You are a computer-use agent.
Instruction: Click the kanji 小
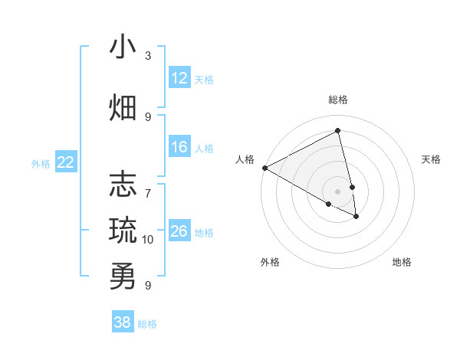(x=123, y=47)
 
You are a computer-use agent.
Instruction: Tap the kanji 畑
(x=123, y=107)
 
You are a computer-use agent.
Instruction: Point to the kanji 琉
(x=123, y=229)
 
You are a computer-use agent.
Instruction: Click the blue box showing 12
(x=179, y=78)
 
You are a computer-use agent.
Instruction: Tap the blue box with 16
(x=179, y=147)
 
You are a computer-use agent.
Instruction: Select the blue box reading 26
(x=179, y=231)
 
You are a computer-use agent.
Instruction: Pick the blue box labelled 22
(x=66, y=162)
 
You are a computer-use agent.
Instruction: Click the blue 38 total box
(x=123, y=322)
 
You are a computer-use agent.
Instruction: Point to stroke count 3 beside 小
(x=148, y=56)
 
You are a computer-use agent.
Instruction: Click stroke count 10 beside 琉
(x=148, y=240)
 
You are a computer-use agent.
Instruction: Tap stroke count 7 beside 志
(x=148, y=186)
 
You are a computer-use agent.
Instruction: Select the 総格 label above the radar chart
(x=338, y=100)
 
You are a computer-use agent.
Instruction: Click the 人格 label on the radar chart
(x=245, y=159)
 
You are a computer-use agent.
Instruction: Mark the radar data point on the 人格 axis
(x=264, y=168)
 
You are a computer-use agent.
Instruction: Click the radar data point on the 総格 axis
(x=338, y=130)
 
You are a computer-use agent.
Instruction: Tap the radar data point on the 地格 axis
(x=356, y=217)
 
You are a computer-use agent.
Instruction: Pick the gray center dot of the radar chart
(x=338, y=191)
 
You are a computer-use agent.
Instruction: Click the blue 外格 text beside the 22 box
(x=41, y=163)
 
